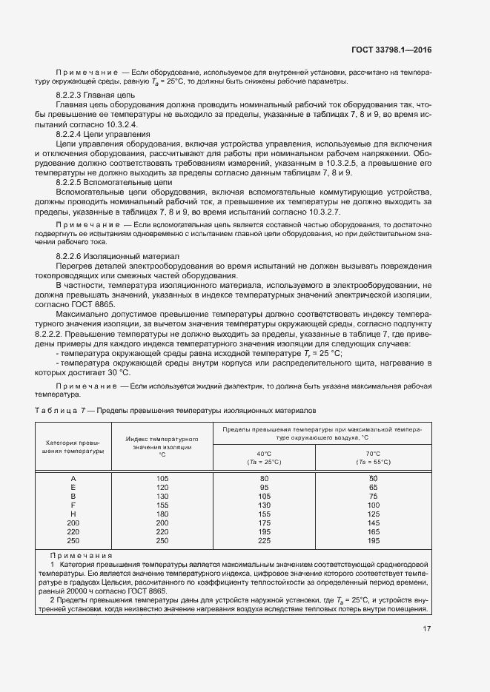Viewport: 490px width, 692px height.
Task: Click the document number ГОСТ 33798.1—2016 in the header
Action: tap(391, 50)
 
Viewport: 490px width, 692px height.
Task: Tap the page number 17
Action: tap(426, 629)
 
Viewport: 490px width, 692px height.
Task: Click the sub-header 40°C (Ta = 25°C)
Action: tap(264, 457)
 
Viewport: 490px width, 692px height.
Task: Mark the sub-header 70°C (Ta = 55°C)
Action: tap(373, 457)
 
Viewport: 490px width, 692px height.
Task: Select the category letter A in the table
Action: tap(73, 479)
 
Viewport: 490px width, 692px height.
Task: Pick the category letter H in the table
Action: tap(73, 514)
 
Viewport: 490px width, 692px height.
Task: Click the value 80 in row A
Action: tap(264, 479)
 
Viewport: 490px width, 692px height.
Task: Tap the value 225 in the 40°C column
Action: tap(264, 540)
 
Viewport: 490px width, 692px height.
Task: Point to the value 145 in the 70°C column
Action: tap(373, 523)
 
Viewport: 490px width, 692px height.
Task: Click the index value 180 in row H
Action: tap(162, 514)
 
